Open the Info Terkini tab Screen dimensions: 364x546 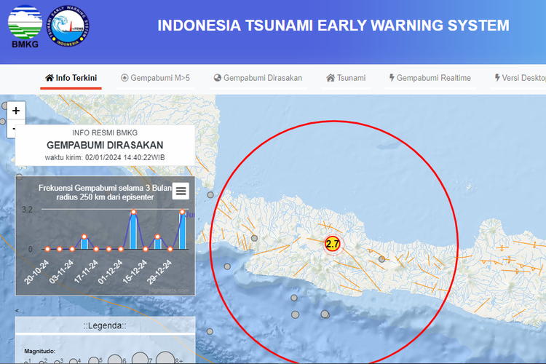coord(71,78)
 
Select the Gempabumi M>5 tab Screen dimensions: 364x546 coord(155,78)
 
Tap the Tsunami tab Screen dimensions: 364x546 coord(346,78)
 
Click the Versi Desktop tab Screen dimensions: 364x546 coord(520,78)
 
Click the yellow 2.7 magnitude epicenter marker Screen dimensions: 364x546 coord(332,244)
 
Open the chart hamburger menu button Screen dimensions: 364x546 coord(181,191)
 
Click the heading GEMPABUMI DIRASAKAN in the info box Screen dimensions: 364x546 coord(105,145)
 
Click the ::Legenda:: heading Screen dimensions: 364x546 coord(105,326)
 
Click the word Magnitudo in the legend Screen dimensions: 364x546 coord(39,350)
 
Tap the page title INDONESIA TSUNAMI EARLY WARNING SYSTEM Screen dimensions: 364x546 coord(333,26)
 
